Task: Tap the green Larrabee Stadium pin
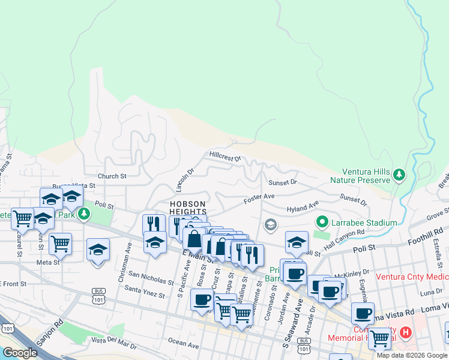[322, 223]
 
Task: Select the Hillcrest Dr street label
[225, 157]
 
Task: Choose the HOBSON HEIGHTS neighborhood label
[187, 208]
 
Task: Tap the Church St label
[112, 176]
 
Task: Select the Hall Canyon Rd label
[344, 237]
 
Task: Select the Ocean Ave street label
[183, 345]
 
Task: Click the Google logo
[20, 353]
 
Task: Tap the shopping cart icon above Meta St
[60, 244]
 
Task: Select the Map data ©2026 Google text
[411, 355]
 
